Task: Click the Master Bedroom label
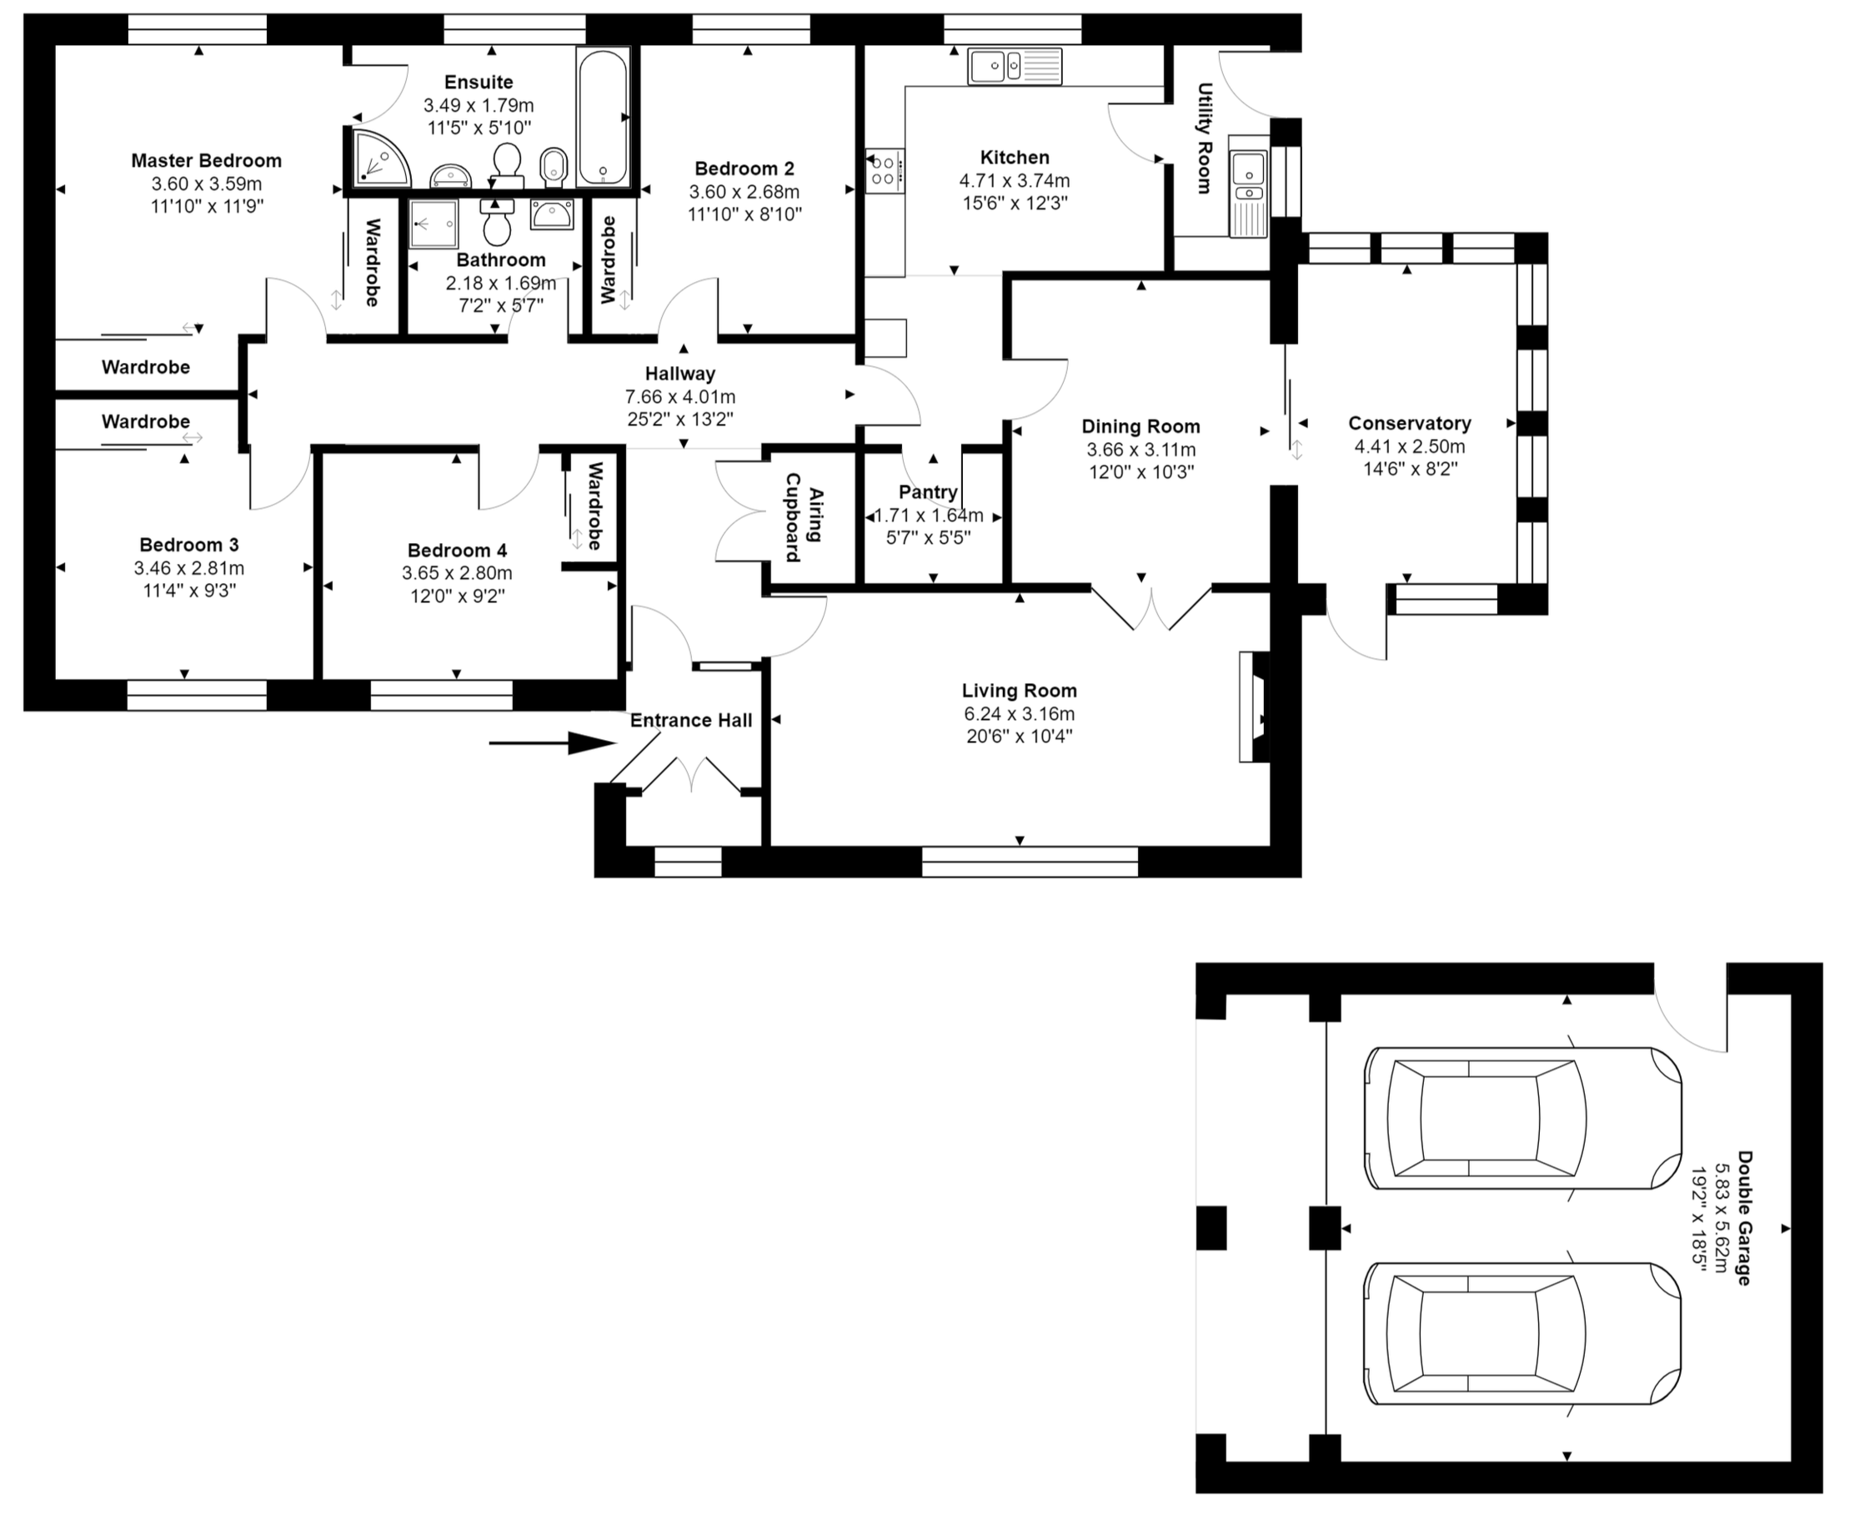coord(207,160)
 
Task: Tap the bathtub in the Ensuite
coord(602,116)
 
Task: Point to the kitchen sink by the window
coord(1015,67)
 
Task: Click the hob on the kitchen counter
coord(885,171)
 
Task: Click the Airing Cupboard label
coord(805,516)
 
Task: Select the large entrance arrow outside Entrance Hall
coord(552,743)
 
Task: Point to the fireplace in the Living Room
coord(1254,707)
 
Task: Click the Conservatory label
coord(1409,423)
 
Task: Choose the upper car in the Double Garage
coord(1522,1118)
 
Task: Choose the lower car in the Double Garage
coord(1522,1333)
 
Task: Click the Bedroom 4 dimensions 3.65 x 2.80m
coord(457,573)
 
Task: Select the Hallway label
coord(680,374)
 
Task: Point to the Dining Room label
coord(1141,426)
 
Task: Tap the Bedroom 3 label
coord(189,545)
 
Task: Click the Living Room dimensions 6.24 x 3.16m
coord(1020,713)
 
